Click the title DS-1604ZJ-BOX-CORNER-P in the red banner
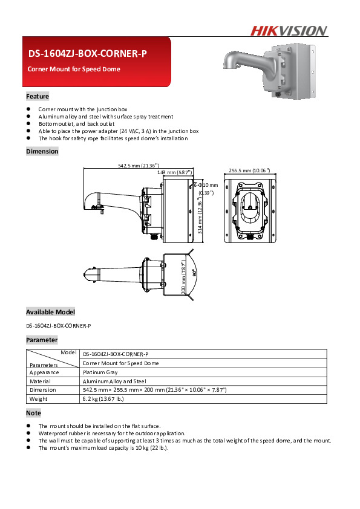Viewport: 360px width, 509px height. point(88,54)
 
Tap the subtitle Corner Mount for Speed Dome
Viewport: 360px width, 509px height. point(74,70)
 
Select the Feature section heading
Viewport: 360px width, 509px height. point(38,97)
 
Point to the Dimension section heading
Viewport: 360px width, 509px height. point(42,152)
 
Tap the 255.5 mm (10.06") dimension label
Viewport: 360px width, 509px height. point(250,170)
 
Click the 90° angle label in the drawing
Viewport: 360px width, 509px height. point(194,273)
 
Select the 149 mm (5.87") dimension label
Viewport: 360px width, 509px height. point(175,173)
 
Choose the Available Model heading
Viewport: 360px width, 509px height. point(50,313)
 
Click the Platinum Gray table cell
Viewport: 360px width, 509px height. point(100,373)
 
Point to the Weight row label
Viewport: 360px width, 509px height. point(38,399)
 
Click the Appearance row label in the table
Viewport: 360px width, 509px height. point(44,373)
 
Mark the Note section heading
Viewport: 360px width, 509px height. point(33,413)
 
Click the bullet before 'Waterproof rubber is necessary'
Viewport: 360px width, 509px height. point(28,433)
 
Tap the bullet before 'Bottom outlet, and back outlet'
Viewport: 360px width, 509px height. point(28,123)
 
